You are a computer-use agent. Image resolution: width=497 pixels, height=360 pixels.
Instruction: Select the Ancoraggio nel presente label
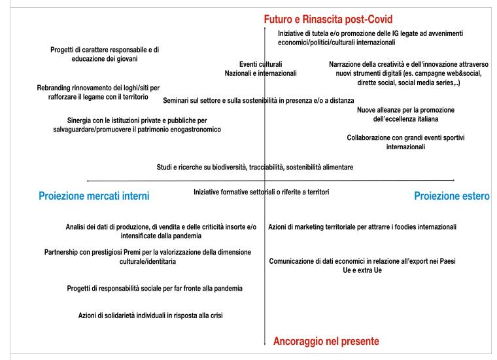[326, 341]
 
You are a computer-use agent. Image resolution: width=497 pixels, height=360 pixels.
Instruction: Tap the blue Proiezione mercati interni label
[94, 195]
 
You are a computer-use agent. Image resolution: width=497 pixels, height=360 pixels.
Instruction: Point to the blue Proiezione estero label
[452, 195]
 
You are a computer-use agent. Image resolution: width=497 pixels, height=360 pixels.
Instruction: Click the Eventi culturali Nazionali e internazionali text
[260, 69]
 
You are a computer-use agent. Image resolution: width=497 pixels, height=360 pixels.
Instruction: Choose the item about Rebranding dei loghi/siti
[98, 92]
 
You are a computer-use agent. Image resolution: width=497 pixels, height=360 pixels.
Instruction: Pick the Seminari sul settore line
[258, 101]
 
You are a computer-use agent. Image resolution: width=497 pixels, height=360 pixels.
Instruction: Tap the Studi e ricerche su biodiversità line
[255, 167]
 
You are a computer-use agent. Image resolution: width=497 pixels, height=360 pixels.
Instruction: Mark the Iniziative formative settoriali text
[261, 192]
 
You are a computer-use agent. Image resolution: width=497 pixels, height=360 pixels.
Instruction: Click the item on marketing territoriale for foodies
[362, 227]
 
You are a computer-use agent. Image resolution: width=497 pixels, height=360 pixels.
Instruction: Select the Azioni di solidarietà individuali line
[152, 316]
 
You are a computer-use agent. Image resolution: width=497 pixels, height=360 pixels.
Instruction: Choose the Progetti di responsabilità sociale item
[154, 288]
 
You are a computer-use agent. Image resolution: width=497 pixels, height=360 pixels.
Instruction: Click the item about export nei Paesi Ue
[362, 265]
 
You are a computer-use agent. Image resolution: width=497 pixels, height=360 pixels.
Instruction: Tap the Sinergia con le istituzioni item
[137, 125]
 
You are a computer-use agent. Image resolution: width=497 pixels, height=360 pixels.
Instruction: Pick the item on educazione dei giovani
[105, 54]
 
